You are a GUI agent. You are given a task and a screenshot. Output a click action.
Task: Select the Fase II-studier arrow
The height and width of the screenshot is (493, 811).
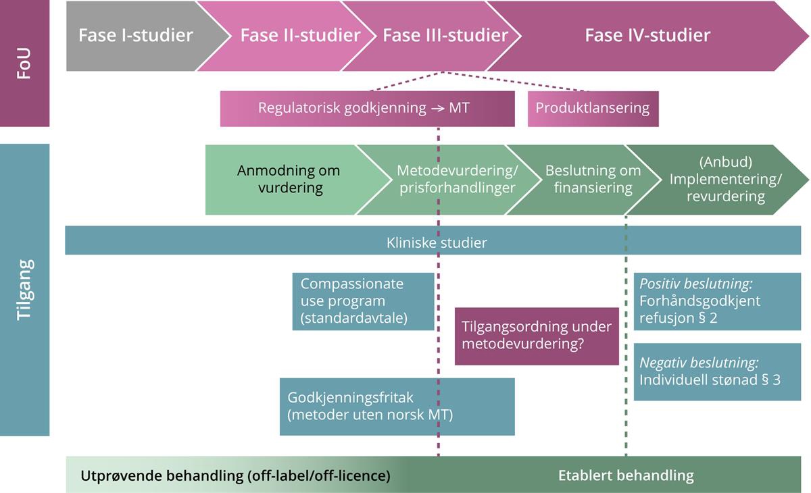point(300,36)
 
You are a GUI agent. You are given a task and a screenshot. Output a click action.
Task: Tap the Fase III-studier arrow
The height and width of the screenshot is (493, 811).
point(445,36)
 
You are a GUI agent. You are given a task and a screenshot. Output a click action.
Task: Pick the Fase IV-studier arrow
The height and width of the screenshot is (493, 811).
point(647,36)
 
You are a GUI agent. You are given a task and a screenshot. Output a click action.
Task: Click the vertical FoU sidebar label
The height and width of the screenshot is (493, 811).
point(24,63)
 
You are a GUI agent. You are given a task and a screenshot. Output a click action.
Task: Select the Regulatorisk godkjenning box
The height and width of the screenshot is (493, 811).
point(364,109)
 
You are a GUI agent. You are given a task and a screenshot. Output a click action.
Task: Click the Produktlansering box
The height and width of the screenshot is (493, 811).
point(593,109)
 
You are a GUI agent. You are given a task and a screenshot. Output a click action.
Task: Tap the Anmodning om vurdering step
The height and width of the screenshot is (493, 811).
point(289,179)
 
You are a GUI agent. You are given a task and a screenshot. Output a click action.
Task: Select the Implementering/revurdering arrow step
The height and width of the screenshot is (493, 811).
point(724,179)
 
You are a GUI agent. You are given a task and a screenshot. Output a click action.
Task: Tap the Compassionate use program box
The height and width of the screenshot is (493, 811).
point(363,301)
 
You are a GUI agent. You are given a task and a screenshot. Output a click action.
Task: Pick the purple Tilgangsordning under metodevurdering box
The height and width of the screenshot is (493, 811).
point(537,335)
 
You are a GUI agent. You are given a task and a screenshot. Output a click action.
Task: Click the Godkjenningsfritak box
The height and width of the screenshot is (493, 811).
point(397,407)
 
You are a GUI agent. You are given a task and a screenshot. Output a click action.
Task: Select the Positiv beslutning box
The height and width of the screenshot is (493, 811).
point(717,301)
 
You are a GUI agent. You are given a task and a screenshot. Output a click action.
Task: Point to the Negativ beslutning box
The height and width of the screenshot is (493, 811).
point(717,371)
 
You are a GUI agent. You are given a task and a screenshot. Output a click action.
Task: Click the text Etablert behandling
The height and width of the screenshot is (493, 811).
point(626,475)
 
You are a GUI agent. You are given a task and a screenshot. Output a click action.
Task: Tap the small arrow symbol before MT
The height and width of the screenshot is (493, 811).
point(437,109)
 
